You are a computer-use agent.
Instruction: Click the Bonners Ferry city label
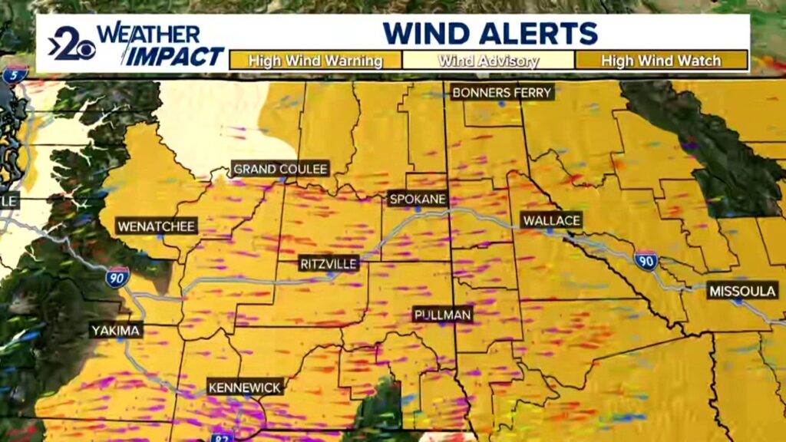tap(502, 93)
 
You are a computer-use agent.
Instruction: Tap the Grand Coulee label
tap(280, 169)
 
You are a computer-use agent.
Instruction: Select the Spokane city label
tap(418, 199)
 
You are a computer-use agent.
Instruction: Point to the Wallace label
tap(551, 221)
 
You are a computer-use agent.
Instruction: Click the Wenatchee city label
tap(157, 226)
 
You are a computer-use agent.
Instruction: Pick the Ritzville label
tap(329, 264)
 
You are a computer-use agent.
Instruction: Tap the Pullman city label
tap(442, 314)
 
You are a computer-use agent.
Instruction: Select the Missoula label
tap(743, 291)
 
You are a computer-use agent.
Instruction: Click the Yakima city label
tap(116, 331)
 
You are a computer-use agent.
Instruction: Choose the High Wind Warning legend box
tap(315, 61)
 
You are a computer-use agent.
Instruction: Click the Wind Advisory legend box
tap(488, 61)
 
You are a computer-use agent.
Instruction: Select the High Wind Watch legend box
tap(661, 61)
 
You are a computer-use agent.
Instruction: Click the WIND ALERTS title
tap(490, 33)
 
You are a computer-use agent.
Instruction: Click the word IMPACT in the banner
tap(176, 56)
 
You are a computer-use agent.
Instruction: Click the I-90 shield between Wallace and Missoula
tap(646, 261)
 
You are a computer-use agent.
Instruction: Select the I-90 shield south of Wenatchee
tap(117, 278)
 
